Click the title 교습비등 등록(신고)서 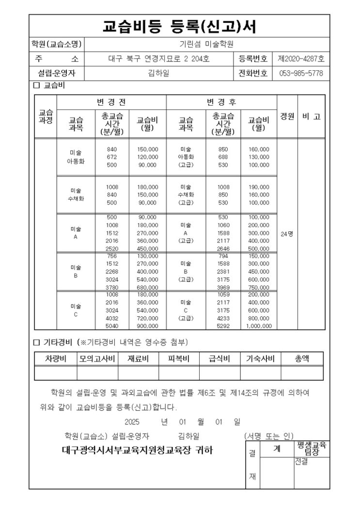pos(179,26)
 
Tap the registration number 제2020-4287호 pos(301,59)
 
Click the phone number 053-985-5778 pos(301,74)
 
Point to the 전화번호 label pos(253,74)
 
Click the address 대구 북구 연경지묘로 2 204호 pos(158,59)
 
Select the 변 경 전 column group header pos(111,103)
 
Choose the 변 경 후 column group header pos(221,103)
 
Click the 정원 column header pos(287,117)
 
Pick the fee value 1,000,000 pos(259,326)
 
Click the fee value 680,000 pos(148,288)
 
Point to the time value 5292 pos(223,326)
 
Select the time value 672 pos(112,157)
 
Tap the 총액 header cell pos(302,359)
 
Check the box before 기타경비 pos(36,342)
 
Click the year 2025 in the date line pos(132,422)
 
